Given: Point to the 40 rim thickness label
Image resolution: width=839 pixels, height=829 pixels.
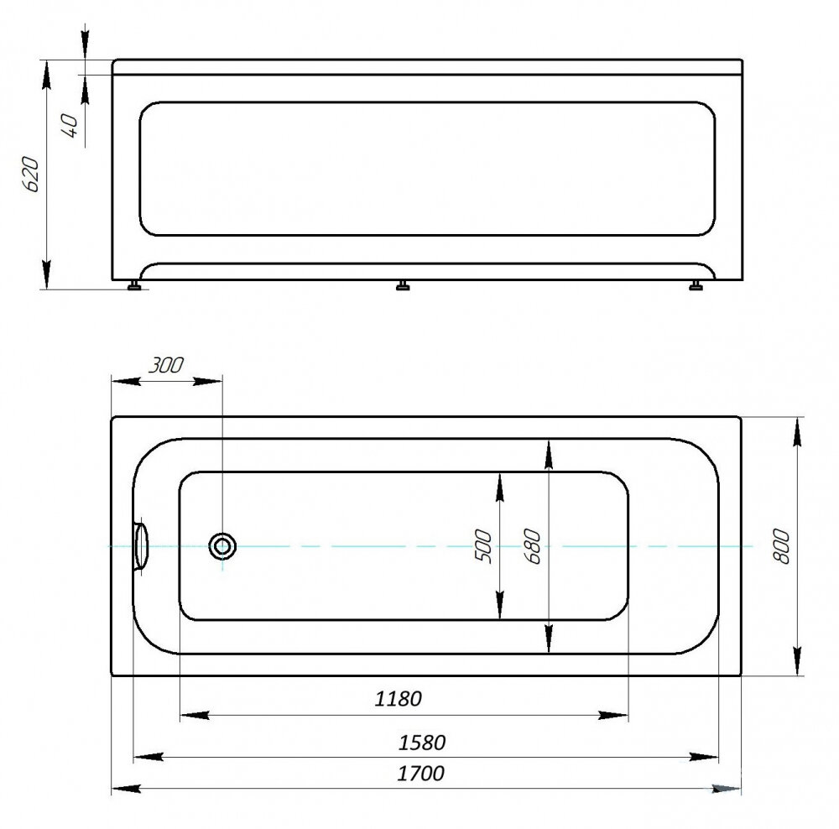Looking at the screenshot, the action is (70, 125).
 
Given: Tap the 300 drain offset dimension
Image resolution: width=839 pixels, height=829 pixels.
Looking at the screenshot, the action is (165, 365).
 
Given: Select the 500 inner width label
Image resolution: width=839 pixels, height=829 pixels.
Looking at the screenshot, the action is (482, 545).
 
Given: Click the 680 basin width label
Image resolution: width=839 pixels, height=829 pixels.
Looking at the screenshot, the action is (532, 546).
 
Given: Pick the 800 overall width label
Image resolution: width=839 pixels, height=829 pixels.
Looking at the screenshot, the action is (781, 546).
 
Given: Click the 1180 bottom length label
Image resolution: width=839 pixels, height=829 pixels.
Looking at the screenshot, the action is (398, 698).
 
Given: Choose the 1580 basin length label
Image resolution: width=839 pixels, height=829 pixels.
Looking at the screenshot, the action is (422, 743).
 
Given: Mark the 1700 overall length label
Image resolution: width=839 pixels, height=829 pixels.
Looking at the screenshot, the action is (420, 773).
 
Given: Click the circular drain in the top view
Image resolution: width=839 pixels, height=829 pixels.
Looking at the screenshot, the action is (222, 546).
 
